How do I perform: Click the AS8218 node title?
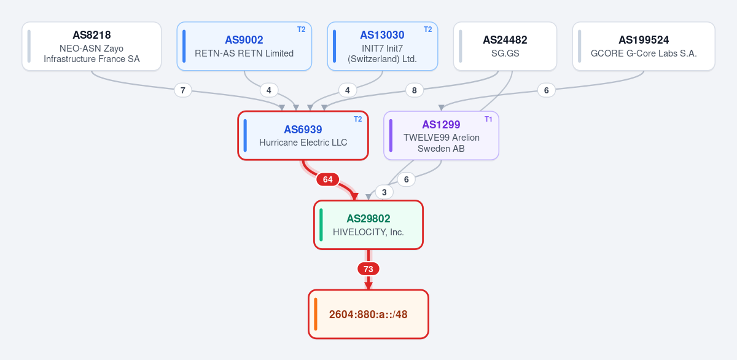pos(92,35)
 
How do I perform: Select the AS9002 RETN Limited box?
pos(244,46)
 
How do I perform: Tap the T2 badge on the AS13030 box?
pos(427,29)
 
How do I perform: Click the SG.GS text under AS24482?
pos(505,53)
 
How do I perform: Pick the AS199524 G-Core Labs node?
pos(644,46)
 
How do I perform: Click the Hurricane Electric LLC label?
pos(303,143)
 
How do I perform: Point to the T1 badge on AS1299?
pos(488,119)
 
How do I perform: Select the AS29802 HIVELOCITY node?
pos(368,225)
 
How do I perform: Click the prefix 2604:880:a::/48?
pos(368,315)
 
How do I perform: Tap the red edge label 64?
pos(328,179)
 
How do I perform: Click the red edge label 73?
pos(368,269)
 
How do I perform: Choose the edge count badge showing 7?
pos(183,90)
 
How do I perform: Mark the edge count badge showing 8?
pos(414,90)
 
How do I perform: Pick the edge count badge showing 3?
pos(384,192)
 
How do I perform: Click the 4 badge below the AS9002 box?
pos(269,90)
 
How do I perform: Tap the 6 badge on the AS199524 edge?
pos(546,90)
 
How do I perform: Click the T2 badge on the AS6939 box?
pos(357,119)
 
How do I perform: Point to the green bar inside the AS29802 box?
pos(321,225)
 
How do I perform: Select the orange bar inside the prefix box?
pos(316,314)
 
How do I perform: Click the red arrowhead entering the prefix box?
pos(368,286)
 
